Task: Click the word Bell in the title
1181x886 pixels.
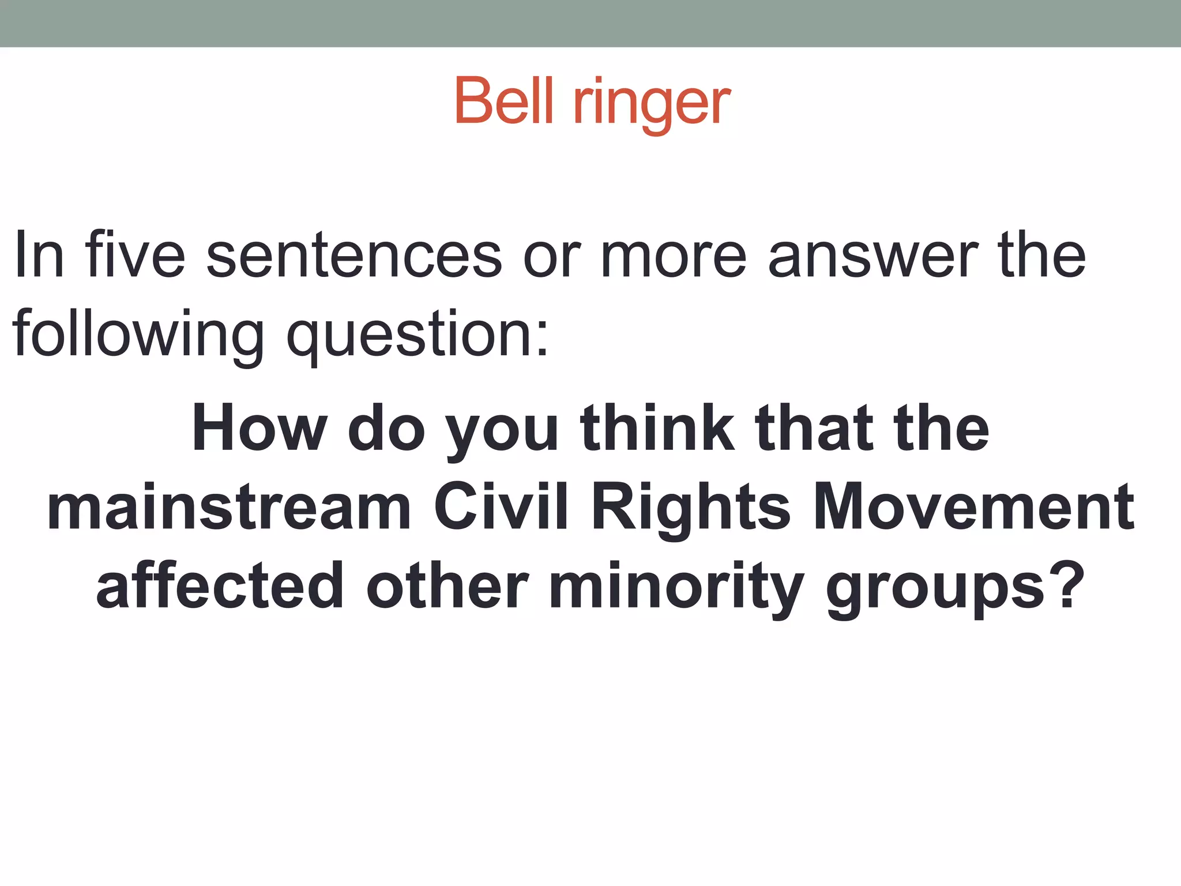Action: [x=505, y=102]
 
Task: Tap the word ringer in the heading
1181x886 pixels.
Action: [x=651, y=104]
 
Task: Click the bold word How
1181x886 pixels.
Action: [x=259, y=428]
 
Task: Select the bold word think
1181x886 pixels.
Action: [x=657, y=428]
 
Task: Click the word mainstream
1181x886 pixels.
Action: [x=229, y=507]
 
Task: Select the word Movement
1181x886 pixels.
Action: [x=973, y=507]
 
